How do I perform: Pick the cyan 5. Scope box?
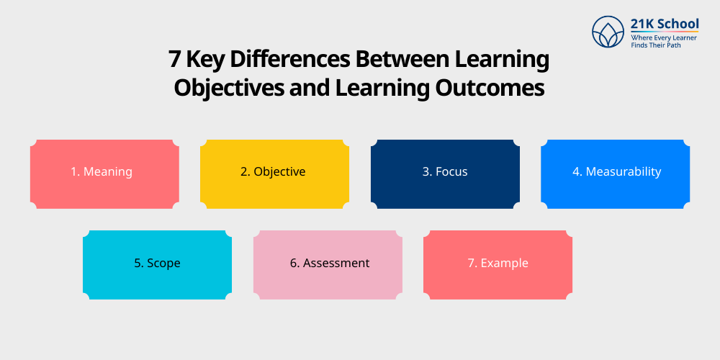157,264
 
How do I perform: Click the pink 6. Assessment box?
328,264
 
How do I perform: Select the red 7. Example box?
498,264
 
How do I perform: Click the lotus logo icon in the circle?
608,32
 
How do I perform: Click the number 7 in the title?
174,59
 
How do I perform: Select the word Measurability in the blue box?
623,172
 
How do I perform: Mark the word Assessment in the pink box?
336,264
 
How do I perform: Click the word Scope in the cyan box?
163,264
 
